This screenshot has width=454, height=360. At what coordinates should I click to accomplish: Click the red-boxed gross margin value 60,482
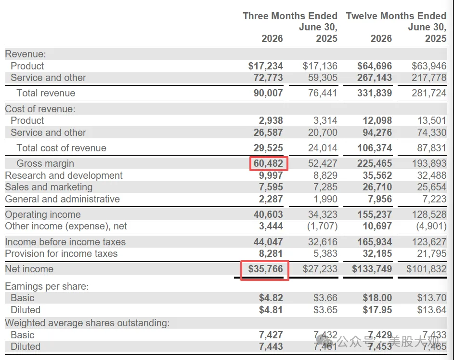click(269, 163)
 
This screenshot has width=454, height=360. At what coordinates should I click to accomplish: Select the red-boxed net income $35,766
click(265, 269)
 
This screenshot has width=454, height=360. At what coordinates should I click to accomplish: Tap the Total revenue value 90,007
click(269, 93)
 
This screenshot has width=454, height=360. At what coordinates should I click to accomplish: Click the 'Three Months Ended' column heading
click(290, 15)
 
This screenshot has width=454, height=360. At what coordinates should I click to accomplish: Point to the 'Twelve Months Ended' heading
click(396, 15)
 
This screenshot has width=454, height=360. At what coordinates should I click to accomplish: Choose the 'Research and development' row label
click(64, 175)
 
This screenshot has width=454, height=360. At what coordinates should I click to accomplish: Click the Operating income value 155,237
click(375, 214)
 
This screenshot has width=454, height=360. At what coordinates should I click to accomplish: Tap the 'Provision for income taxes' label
click(61, 253)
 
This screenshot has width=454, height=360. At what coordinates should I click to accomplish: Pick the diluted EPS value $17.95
click(377, 310)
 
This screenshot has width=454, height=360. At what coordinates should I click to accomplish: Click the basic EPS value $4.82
click(271, 298)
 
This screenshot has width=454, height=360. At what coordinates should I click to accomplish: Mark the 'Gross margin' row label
click(45, 163)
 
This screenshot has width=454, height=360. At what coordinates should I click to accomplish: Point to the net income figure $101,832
click(427, 269)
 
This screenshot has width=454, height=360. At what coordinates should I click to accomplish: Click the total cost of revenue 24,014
click(323, 148)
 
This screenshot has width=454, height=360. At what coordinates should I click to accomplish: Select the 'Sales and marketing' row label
click(49, 187)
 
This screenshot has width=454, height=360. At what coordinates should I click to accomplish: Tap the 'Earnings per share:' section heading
click(47, 286)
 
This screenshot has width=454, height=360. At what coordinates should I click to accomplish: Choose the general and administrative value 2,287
click(271, 199)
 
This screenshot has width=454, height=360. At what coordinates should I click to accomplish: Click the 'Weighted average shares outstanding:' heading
click(87, 323)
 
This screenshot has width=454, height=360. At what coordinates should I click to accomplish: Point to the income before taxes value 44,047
click(269, 242)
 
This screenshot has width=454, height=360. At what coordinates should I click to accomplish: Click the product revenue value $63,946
click(429, 66)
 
